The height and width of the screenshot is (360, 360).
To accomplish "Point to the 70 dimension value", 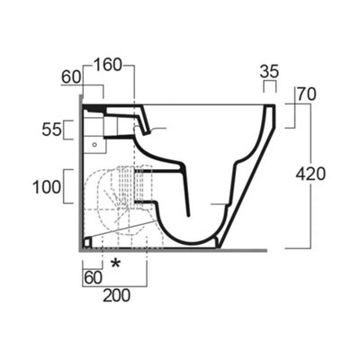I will (x=308, y=92).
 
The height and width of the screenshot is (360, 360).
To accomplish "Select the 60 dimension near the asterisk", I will (x=93, y=278).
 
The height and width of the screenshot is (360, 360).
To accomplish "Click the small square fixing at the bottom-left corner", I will (x=86, y=242).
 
